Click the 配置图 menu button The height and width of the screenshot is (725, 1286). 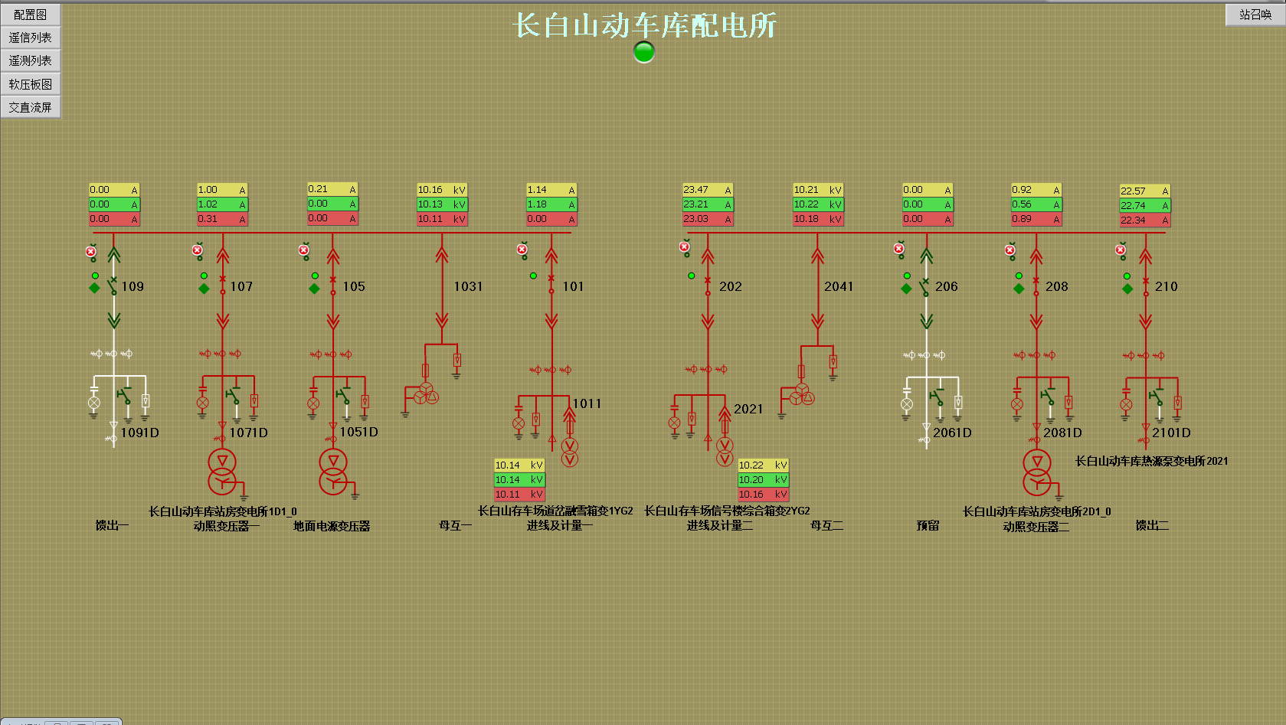point(31,15)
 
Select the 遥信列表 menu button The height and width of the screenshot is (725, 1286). point(31,38)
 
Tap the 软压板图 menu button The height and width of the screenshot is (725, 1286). point(31,84)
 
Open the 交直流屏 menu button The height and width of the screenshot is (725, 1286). point(31,107)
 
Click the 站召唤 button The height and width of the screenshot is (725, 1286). point(1255,15)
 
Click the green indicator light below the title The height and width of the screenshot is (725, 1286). point(644,52)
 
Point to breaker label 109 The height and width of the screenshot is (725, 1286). point(133,286)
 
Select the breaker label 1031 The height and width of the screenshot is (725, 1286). point(468,286)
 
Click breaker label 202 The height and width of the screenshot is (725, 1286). point(730,286)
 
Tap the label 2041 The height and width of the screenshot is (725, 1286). point(838,286)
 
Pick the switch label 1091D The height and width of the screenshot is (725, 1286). point(139,433)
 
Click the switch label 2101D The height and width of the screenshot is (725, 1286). point(1171,433)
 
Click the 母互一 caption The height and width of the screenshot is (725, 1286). point(455,525)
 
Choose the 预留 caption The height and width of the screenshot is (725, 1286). point(928,525)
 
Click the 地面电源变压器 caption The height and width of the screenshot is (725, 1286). point(332,526)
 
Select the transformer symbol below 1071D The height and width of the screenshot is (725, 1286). point(222,471)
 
